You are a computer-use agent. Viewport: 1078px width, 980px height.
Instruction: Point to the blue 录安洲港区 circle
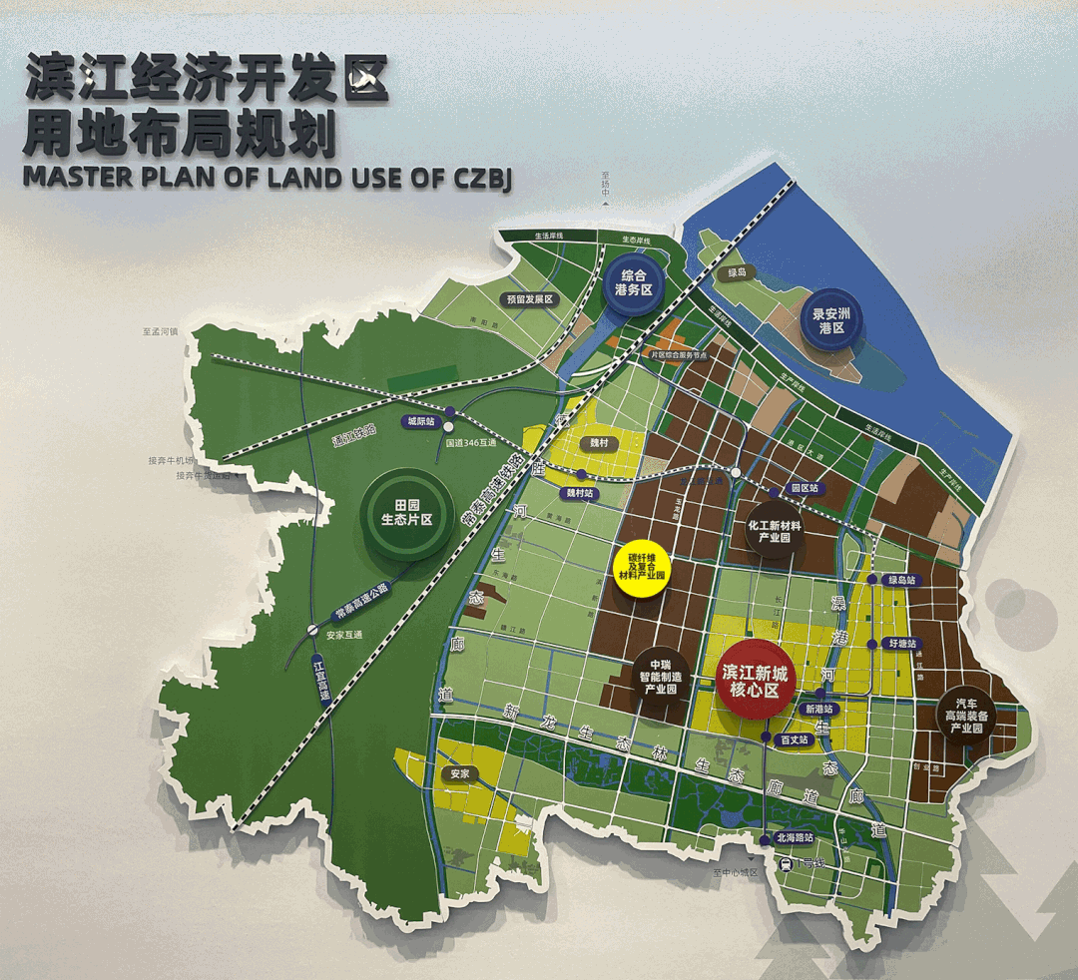coord(830,319)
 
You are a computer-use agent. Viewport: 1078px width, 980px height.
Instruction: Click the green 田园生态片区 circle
coord(405,514)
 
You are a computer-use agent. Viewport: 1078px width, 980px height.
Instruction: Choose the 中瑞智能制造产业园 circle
coord(658,684)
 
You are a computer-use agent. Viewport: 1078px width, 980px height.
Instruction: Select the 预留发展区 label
coord(529,299)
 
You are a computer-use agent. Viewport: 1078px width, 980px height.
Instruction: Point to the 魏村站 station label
coord(580,493)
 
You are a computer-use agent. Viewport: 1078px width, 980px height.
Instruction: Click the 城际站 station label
coord(421,422)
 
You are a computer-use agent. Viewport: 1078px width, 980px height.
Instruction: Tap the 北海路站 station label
coord(796,838)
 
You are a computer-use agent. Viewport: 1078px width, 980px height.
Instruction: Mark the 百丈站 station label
coord(795,739)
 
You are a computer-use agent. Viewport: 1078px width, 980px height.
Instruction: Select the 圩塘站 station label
coord(902,644)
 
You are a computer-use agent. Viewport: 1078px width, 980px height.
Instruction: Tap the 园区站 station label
coord(804,489)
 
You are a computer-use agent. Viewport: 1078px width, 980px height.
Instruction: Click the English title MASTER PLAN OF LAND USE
coord(268,178)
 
